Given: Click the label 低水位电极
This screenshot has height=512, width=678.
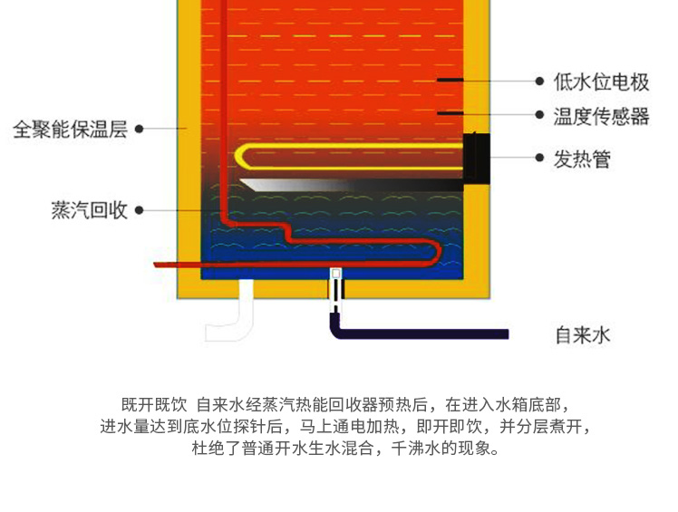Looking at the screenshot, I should (602, 82).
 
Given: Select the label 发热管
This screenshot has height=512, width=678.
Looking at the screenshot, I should (583, 159).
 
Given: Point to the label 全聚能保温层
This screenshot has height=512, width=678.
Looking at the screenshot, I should (70, 129).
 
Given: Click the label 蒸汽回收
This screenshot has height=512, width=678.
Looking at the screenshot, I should (90, 211).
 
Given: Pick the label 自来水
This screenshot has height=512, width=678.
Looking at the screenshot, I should (583, 334).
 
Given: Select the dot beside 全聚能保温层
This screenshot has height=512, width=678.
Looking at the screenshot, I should (139, 129).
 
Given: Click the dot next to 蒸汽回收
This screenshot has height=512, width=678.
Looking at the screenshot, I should (139, 211).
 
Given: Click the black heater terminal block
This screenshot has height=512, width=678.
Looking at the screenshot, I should (477, 158).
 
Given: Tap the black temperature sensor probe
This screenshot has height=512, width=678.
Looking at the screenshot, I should (450, 114).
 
